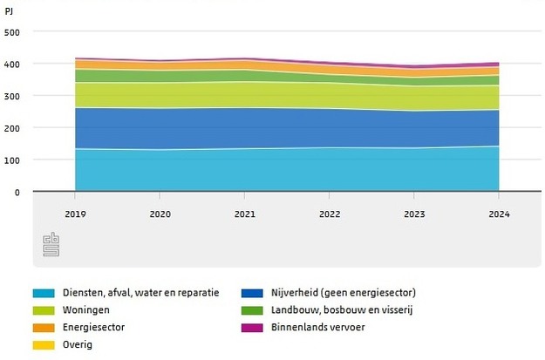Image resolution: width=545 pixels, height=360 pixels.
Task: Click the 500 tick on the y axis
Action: pyautogui.click(x=12, y=32)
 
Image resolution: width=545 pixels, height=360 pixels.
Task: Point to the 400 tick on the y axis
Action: pyautogui.click(x=12, y=65)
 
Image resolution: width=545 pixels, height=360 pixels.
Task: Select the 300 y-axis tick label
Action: pyautogui.click(x=12, y=96)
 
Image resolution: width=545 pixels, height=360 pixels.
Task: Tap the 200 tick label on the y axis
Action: pyautogui.click(x=12, y=128)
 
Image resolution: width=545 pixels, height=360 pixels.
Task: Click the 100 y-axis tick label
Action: pyautogui.click(x=12, y=160)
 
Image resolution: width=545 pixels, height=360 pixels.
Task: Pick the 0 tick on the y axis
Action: pyautogui.click(x=17, y=192)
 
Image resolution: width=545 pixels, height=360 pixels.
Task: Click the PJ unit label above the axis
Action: pyautogui.click(x=10, y=12)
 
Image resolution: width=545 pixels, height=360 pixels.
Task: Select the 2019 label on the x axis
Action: pyautogui.click(x=75, y=213)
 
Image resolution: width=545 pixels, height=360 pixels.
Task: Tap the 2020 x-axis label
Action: pyautogui.click(x=160, y=213)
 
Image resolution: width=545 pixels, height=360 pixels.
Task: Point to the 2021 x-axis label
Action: pyautogui.click(x=244, y=213)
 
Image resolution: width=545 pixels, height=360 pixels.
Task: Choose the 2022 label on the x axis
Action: pyautogui.click(x=329, y=213)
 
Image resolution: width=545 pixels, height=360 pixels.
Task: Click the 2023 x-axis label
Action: pyautogui.click(x=413, y=213)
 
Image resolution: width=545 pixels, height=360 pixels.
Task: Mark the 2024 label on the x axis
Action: pyautogui.click(x=498, y=213)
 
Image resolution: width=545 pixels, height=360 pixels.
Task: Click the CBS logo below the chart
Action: pyautogui.click(x=49, y=246)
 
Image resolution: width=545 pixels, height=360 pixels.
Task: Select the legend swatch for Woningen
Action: pyautogui.click(x=44, y=309)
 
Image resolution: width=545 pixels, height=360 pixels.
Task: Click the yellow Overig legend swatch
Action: pyautogui.click(x=44, y=344)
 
